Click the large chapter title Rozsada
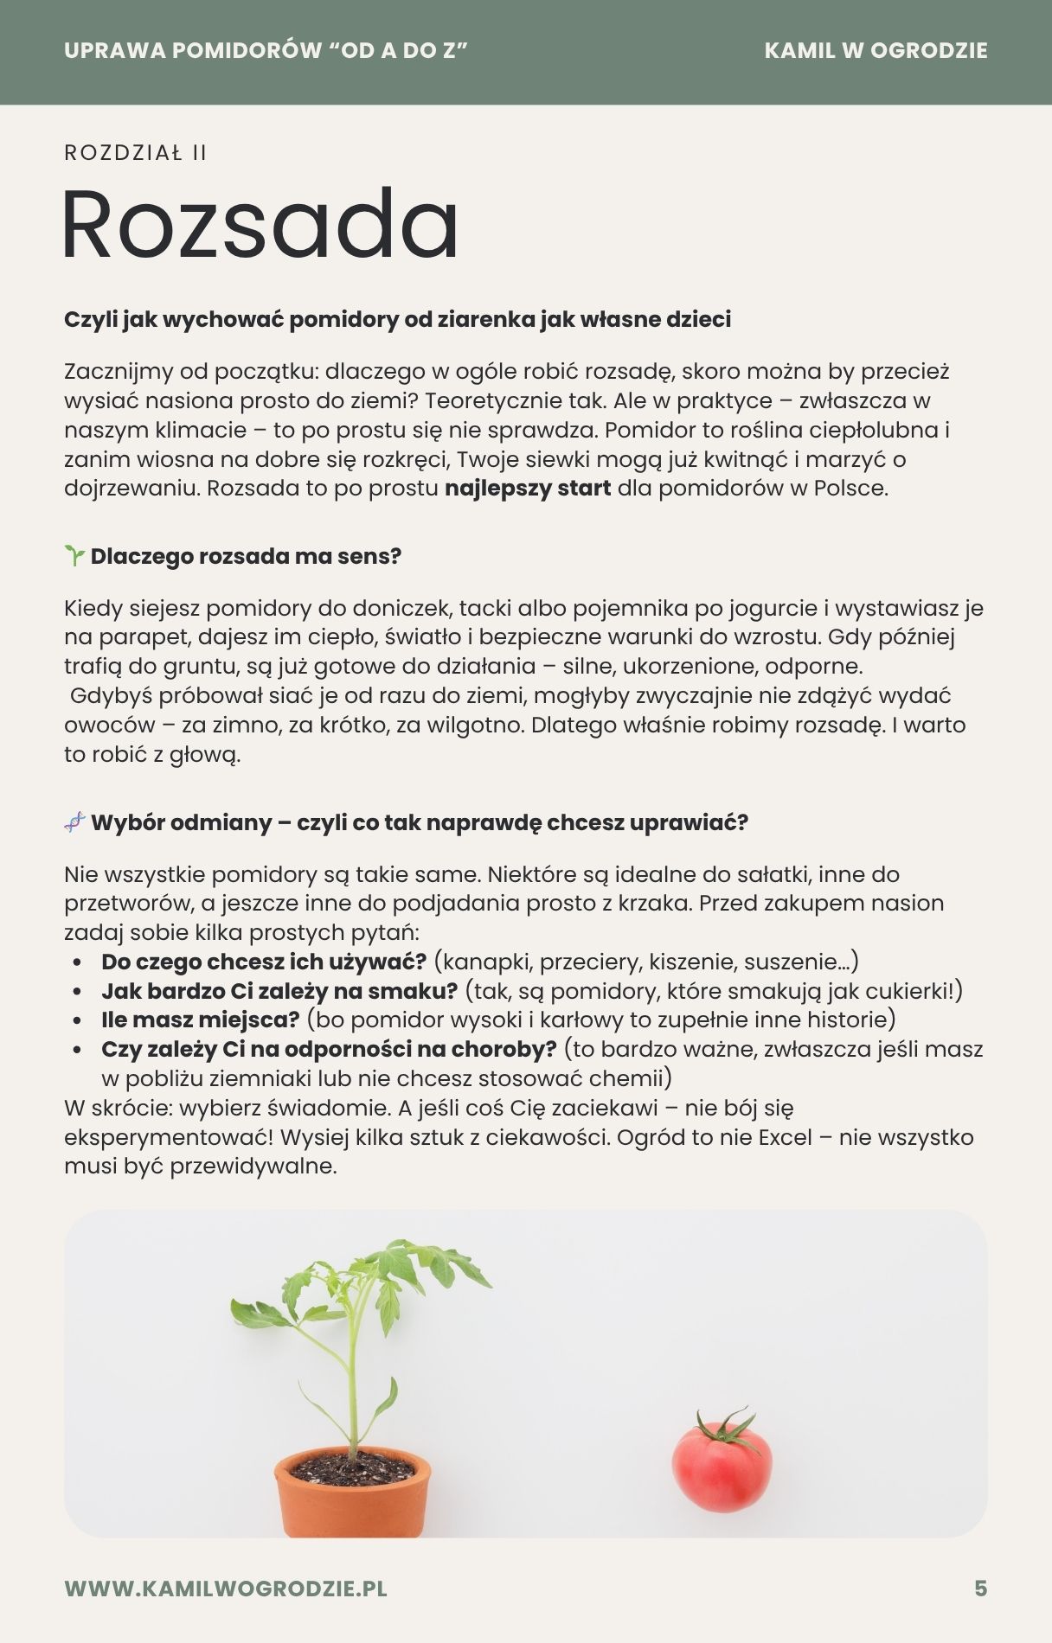tap(260, 225)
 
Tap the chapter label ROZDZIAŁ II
tap(136, 153)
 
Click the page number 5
tap(980, 1589)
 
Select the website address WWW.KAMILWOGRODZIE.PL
tap(226, 1589)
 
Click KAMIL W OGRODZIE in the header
tap(876, 50)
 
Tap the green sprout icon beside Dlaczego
tap(74, 556)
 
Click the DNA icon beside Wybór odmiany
tap(74, 822)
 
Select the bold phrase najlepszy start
tap(528, 489)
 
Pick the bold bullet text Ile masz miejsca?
tap(200, 1020)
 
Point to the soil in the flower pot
tap(352, 1466)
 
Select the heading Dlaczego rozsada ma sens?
tap(246, 556)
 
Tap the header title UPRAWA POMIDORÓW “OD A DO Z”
tap(266, 50)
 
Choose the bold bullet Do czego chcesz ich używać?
tap(264, 962)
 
